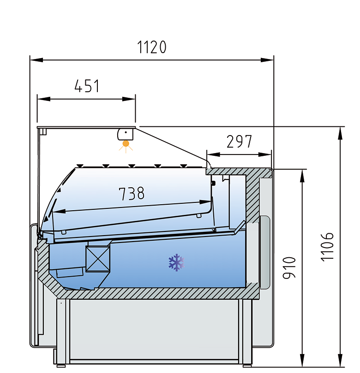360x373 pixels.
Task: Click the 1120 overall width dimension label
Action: pyautogui.click(x=152, y=47)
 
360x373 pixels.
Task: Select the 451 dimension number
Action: pyautogui.click(x=87, y=86)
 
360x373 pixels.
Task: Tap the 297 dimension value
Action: pyautogui.click(x=239, y=142)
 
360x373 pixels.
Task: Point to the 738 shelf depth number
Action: pyautogui.click(x=132, y=193)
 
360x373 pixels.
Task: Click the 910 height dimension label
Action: pyautogui.click(x=289, y=267)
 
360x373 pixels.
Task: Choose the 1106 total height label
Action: pyautogui.click(x=327, y=247)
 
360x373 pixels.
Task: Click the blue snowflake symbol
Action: pyautogui.click(x=176, y=262)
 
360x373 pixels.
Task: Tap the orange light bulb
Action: pyautogui.click(x=126, y=144)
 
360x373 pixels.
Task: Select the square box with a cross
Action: pyautogui.click(x=98, y=259)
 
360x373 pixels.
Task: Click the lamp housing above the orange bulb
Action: pyautogui.click(x=125, y=135)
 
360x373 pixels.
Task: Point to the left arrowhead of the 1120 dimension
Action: pyautogui.click(x=36, y=60)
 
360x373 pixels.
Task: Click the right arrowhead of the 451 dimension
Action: pyautogui.click(x=129, y=99)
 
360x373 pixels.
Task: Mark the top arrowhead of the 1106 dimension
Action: pyautogui.click(x=341, y=133)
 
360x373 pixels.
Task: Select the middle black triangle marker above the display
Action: pyautogui.click(x=132, y=166)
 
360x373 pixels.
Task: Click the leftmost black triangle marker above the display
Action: pyautogui.click(x=80, y=166)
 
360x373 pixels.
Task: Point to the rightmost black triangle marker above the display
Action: pyautogui.click(x=184, y=166)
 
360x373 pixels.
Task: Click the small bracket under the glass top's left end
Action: pyautogui.click(x=43, y=131)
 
